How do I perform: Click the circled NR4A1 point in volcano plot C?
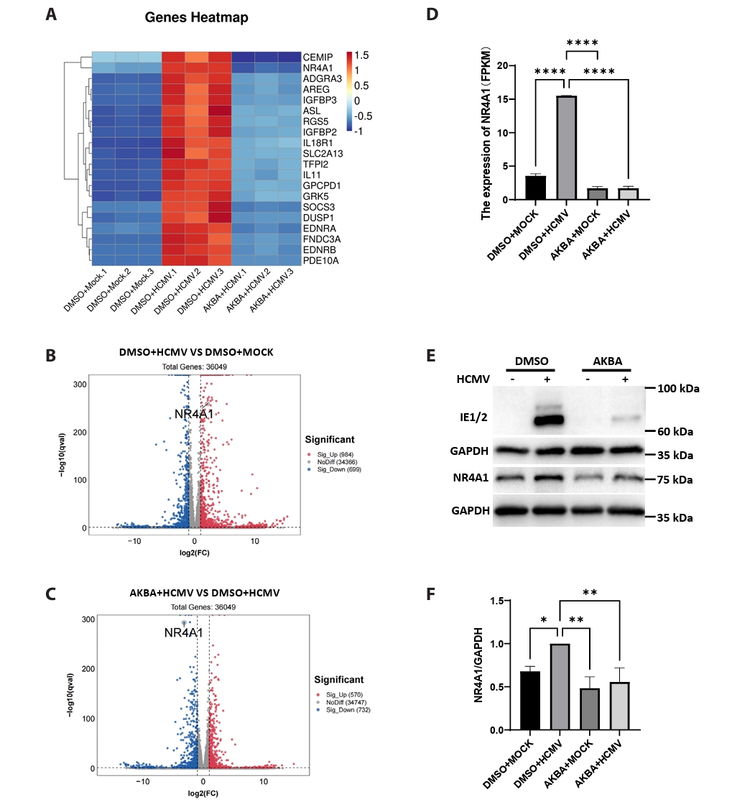coord(185,623)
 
